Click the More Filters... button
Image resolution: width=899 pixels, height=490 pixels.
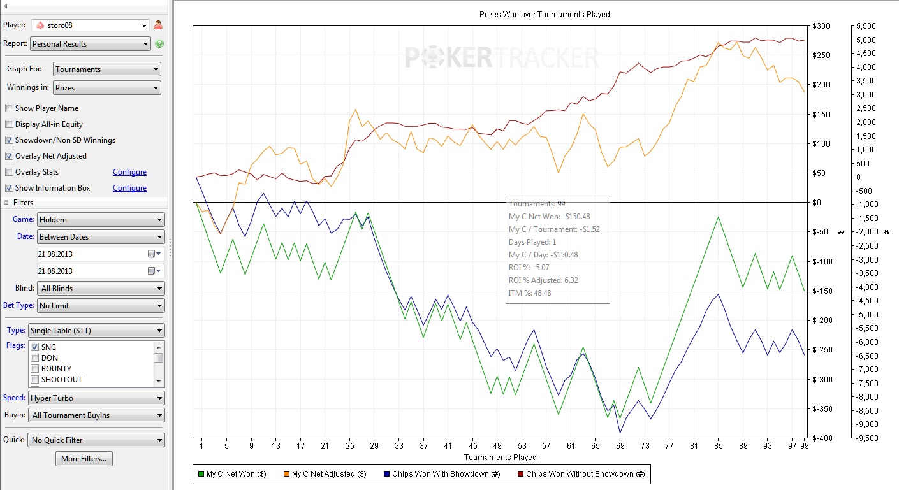coord(84,459)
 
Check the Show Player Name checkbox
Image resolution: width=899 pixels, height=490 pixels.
coord(9,108)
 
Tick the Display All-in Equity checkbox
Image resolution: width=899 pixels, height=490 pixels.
coord(9,124)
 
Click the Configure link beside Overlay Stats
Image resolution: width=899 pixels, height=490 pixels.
coord(129,172)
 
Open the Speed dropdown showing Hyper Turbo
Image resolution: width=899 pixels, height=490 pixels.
coord(96,398)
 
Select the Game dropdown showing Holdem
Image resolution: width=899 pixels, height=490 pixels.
coord(101,220)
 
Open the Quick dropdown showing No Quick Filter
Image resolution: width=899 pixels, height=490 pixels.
coord(96,440)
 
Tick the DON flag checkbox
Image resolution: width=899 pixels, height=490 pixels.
coord(35,358)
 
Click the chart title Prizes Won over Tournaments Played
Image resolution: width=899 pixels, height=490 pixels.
coord(545,14)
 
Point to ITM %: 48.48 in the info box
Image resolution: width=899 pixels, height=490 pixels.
coord(529,293)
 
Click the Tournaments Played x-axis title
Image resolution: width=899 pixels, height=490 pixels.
coord(500,458)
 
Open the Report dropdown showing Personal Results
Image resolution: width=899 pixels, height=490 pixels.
coord(90,44)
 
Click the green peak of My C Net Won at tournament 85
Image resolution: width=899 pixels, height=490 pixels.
coord(719,217)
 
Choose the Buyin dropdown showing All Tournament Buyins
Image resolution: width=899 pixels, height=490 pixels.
coord(96,415)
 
